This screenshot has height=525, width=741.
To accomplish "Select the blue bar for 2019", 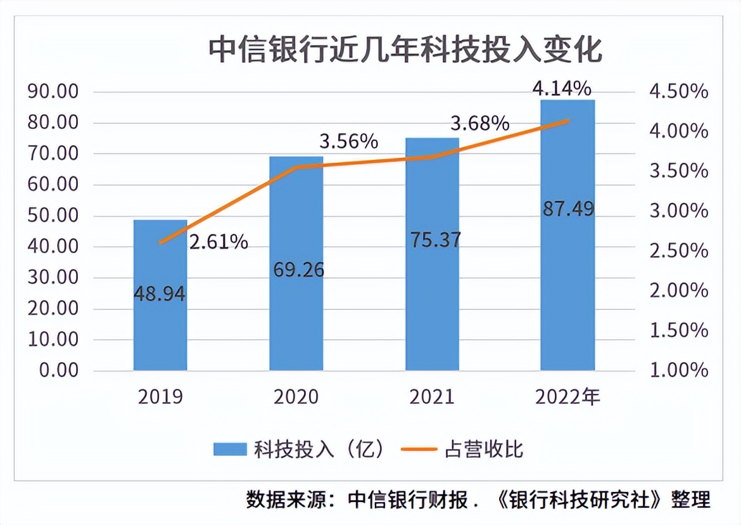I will (160, 330).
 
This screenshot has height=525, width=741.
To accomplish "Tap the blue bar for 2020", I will (296, 317).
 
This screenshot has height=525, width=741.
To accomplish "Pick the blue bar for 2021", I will (432, 304).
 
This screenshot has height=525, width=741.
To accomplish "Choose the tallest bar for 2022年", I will (567, 285).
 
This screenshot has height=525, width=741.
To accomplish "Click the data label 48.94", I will (160, 294).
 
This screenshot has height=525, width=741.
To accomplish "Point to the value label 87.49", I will (568, 209).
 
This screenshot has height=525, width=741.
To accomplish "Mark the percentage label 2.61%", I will (218, 242).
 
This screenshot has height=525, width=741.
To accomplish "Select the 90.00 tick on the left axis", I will (53, 92).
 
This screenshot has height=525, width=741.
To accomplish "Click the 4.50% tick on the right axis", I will (678, 92).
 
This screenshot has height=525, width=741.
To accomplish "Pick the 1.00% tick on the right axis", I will (678, 370).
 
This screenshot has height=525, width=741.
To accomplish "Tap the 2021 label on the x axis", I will (432, 398).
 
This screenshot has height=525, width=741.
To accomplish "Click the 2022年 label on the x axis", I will (567, 398).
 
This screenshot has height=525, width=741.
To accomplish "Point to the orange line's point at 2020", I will (296, 167).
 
